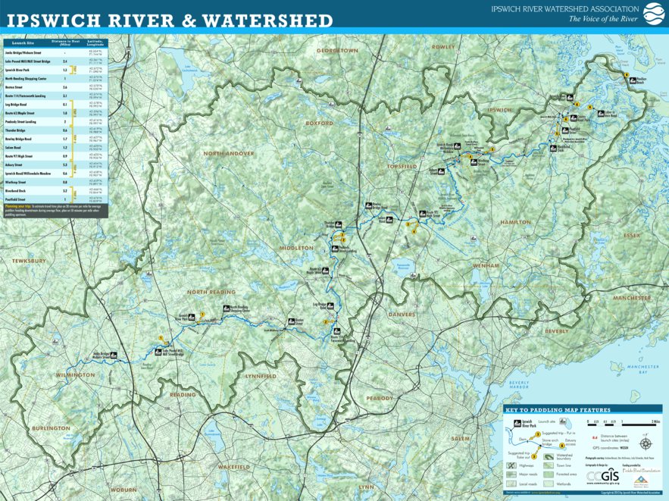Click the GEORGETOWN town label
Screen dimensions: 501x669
337,51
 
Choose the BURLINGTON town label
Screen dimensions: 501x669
51,428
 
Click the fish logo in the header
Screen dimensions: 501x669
652,13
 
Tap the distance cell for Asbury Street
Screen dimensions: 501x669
65,164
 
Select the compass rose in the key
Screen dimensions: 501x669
646,443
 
